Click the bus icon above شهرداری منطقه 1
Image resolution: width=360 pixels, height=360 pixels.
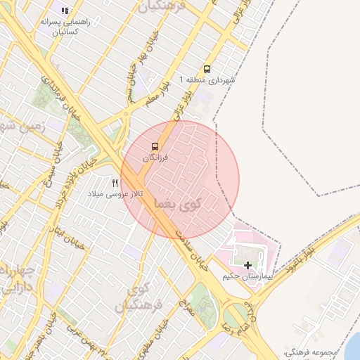(x=207, y=70)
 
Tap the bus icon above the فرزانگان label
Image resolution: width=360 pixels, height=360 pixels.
(x=155, y=147)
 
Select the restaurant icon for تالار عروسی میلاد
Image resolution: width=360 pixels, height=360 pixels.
(x=115, y=183)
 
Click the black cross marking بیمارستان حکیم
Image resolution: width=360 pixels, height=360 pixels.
(x=247, y=265)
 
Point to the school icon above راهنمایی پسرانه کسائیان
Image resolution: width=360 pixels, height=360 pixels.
(x=65, y=11)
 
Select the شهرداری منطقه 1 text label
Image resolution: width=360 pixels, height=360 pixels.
(x=207, y=81)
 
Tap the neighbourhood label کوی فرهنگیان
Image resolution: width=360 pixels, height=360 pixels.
(x=147, y=297)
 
